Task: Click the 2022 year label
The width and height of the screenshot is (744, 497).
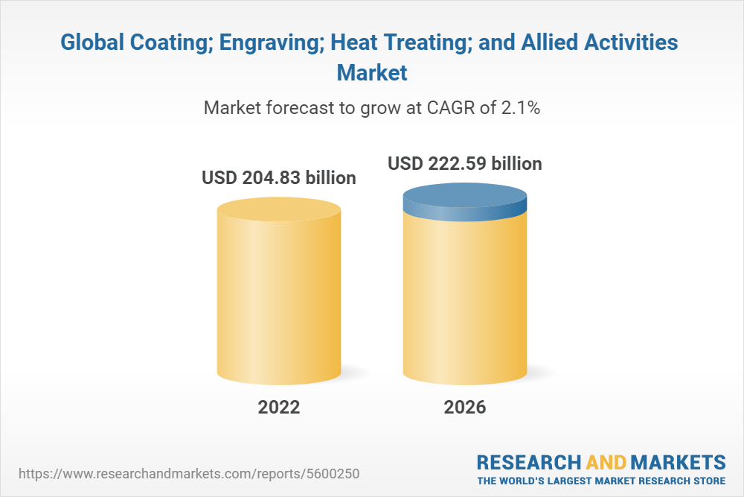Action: click(x=279, y=407)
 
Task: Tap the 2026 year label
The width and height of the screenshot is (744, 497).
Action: click(x=464, y=407)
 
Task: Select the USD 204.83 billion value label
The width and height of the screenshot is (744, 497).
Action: click(x=279, y=179)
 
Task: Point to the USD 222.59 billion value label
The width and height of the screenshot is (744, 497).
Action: click(x=465, y=162)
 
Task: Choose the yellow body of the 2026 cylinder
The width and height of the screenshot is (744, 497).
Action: click(x=465, y=298)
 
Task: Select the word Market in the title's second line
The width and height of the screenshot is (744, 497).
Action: click(x=372, y=73)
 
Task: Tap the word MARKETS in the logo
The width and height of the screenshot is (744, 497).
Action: click(x=679, y=461)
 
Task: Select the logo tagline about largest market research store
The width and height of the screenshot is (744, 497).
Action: click(x=601, y=480)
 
